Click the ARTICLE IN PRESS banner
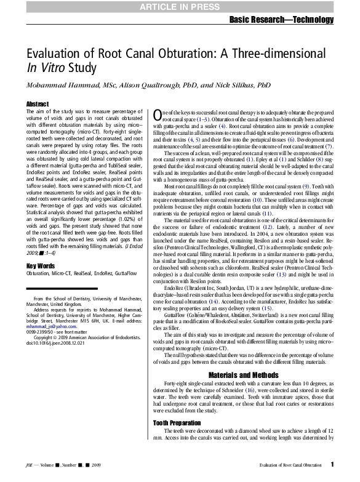(180, 7)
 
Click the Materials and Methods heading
(243, 374)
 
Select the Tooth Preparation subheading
(177, 423)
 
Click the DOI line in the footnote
(56, 343)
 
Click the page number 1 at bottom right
(332, 465)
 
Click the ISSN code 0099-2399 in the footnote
(39, 332)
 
